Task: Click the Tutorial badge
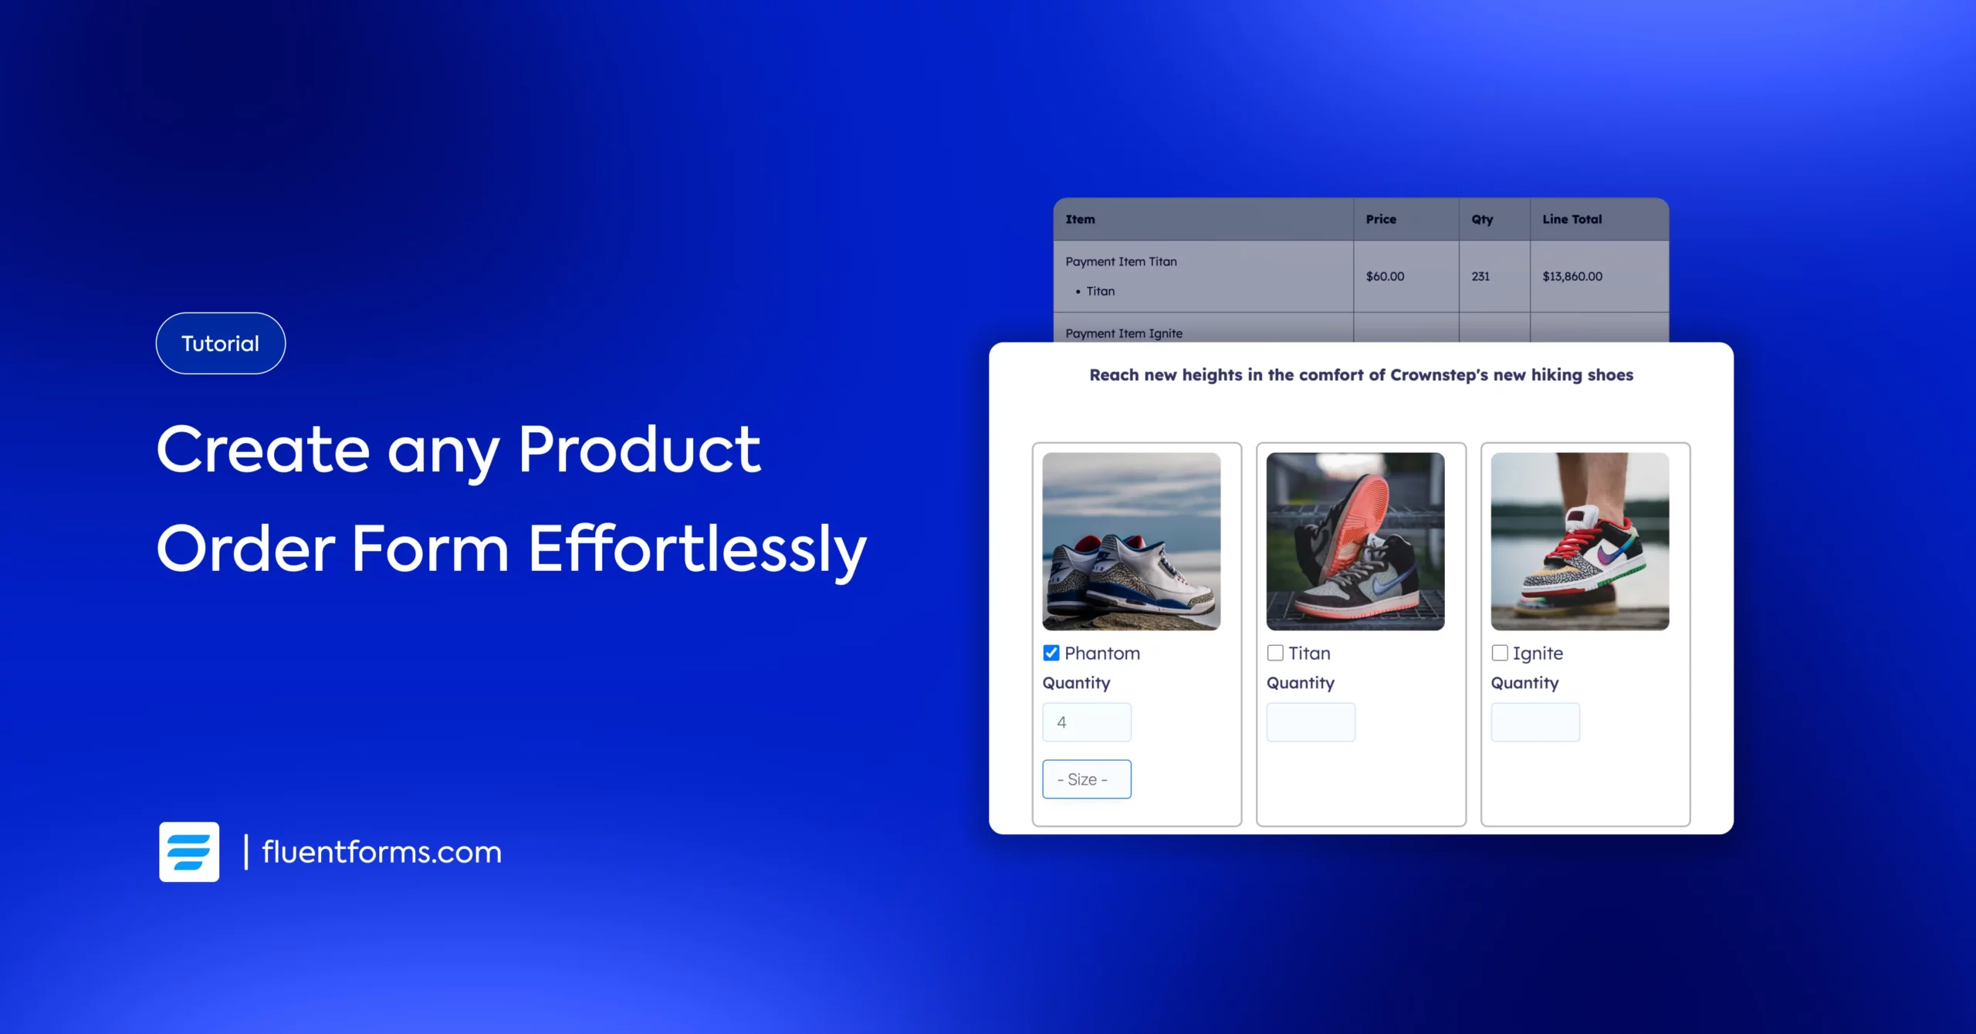221,343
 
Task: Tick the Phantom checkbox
1051,653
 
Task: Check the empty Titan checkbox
1275,653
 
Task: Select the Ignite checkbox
1500,653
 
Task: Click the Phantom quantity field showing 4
1087,722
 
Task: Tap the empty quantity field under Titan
1311,722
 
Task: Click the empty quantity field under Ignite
1535,722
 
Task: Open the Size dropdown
1087,779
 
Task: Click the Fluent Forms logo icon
189,852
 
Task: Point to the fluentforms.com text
382,852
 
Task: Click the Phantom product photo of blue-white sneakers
1132,541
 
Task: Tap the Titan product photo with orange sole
1355,541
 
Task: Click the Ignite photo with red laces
1580,541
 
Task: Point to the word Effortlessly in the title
698,549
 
